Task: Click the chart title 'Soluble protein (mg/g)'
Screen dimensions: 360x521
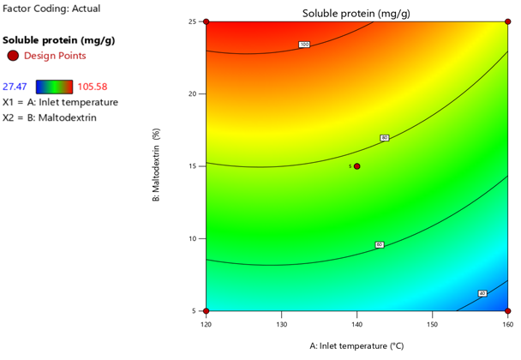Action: click(356, 14)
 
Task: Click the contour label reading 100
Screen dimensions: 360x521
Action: click(303, 44)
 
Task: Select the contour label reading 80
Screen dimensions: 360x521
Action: click(384, 137)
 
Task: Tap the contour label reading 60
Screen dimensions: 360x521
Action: click(380, 245)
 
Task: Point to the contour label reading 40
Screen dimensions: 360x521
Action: click(482, 293)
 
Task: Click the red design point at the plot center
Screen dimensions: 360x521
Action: click(357, 166)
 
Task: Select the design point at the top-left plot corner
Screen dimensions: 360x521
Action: click(207, 21)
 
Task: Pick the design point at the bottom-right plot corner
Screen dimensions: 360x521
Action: click(508, 311)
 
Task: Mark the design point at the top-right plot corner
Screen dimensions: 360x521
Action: click(508, 21)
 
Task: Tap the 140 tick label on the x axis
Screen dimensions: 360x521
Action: click(357, 325)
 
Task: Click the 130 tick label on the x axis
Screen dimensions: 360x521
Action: click(282, 325)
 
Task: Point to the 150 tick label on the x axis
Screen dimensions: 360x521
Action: click(433, 325)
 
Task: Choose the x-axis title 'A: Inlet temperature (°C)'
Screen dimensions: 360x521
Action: click(356, 346)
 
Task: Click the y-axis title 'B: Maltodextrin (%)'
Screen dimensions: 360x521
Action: click(156, 167)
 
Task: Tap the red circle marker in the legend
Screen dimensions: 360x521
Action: click(12, 56)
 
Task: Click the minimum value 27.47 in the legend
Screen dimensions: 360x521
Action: click(18, 87)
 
